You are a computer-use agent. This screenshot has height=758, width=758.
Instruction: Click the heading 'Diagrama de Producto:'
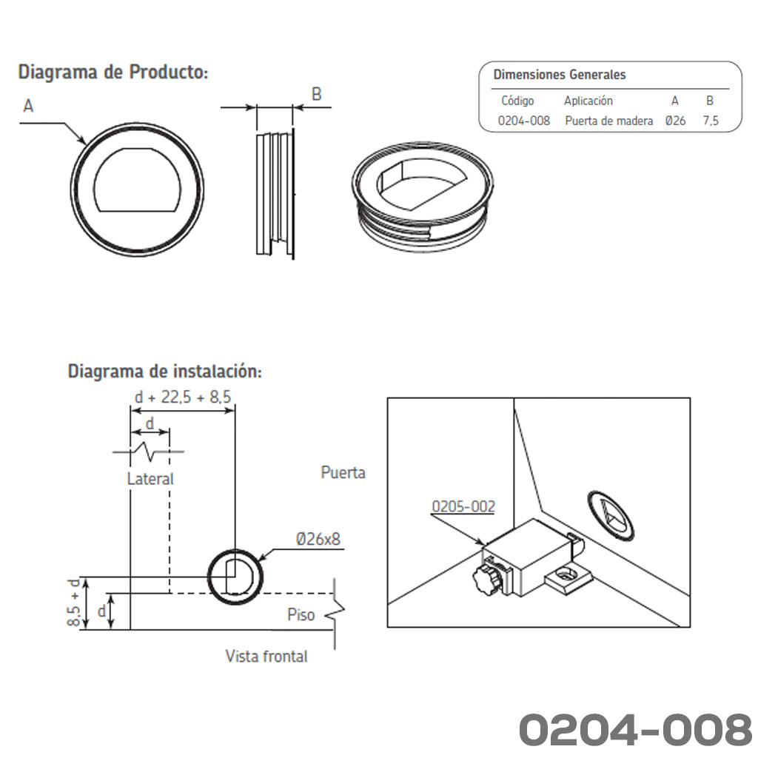pos(113,73)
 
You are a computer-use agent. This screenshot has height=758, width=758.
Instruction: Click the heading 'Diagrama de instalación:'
pos(164,372)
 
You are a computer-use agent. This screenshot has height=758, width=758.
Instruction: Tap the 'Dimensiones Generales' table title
pos(560,75)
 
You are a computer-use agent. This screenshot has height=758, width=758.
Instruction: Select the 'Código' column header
pos(517,101)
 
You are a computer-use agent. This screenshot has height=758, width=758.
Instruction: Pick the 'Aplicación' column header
pos(588,101)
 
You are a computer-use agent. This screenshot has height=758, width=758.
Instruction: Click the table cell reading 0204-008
pos(524,121)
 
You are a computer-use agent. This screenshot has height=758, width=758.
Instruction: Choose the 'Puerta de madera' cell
pos(608,121)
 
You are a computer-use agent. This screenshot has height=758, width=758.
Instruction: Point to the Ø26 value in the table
pos(675,121)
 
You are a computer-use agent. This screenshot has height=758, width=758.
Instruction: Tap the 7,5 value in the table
pos(711,121)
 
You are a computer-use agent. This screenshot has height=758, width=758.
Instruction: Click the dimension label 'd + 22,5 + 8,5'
pos(183,397)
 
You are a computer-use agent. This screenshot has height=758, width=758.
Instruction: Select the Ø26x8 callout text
pos(318,539)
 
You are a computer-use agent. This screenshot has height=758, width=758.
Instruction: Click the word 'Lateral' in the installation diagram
pos(150,479)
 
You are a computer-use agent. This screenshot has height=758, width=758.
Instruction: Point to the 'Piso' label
pos(301,614)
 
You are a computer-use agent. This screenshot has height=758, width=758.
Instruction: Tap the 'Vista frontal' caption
pos(266,656)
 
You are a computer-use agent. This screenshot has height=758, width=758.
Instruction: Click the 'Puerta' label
pos(343,472)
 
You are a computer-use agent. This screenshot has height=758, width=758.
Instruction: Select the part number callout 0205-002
pos(463,506)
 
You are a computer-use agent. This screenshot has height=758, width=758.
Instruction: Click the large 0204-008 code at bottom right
pos(635,728)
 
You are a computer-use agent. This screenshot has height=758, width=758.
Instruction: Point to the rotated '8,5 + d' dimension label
pos(73,603)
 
